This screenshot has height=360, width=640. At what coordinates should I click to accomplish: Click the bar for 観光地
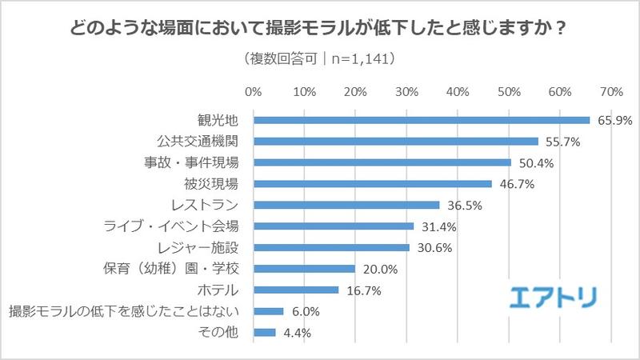tap(421, 120)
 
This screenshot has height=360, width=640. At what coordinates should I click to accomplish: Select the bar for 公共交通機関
tap(395, 142)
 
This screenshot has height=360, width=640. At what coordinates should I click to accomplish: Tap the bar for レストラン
tap(346, 205)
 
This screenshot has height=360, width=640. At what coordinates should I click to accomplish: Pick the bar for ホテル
tap(295, 290)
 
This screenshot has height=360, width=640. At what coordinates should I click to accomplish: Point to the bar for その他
tap(264, 332)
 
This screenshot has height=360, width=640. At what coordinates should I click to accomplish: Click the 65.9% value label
tap(613, 121)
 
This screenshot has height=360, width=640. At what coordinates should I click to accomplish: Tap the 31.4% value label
tap(437, 226)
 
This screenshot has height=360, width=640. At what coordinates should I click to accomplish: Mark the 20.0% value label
tap(378, 269)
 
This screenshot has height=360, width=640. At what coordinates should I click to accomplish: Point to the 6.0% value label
tap(304, 311)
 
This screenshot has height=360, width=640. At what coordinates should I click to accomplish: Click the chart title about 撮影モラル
tap(320, 26)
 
